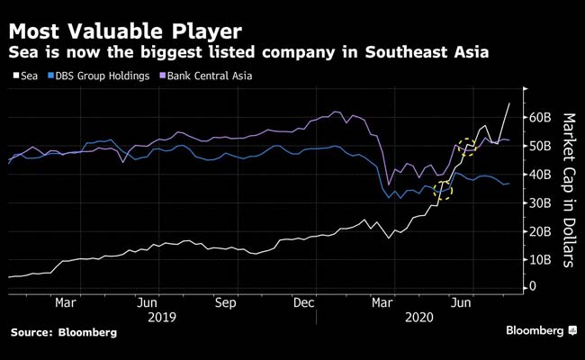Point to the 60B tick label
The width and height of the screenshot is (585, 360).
point(539,117)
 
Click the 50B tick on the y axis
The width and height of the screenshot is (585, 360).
point(539,146)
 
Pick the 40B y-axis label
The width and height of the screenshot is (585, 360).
point(539,174)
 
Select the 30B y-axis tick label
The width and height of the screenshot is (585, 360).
point(539,202)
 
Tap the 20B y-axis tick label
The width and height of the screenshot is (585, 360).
point(539,231)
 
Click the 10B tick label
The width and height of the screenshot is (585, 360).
point(539,259)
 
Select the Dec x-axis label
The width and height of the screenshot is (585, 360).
point(305,303)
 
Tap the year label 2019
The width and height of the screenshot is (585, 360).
point(162,318)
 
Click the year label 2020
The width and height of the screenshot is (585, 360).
point(418,318)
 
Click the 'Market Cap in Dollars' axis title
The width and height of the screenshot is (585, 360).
point(568,190)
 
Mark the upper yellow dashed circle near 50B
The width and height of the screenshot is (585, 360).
point(466,147)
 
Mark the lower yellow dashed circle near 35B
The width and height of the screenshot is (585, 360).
point(444,189)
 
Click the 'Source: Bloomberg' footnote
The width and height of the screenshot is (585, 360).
point(64,332)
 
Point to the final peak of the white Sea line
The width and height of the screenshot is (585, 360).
point(509,103)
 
